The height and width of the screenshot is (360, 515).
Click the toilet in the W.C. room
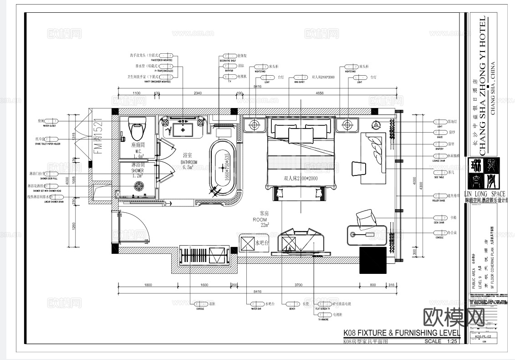137,129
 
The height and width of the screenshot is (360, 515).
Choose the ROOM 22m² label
260,219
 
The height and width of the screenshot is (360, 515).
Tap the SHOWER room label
137,170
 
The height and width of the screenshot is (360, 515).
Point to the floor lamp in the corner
376,124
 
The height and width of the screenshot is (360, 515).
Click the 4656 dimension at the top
319,93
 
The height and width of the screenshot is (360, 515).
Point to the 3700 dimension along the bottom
298,285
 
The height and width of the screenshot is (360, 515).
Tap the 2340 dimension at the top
198,93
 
